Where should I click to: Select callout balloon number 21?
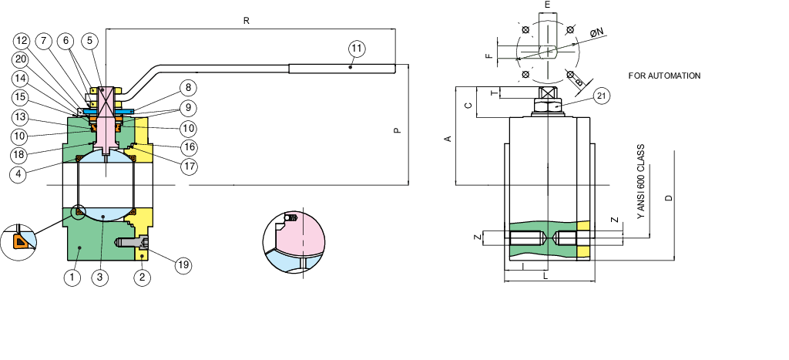click(x=602, y=96)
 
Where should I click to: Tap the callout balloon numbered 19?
click(x=182, y=265)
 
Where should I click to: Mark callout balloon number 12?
click(x=22, y=40)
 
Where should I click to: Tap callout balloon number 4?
click(x=20, y=173)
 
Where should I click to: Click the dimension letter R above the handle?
click(x=246, y=21)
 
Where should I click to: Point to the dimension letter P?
click(x=397, y=130)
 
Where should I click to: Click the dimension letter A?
click(x=447, y=138)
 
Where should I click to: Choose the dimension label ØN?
click(x=596, y=33)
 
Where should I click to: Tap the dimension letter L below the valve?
click(x=546, y=275)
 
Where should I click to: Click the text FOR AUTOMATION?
click(x=664, y=76)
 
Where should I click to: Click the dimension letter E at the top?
click(x=547, y=5)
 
